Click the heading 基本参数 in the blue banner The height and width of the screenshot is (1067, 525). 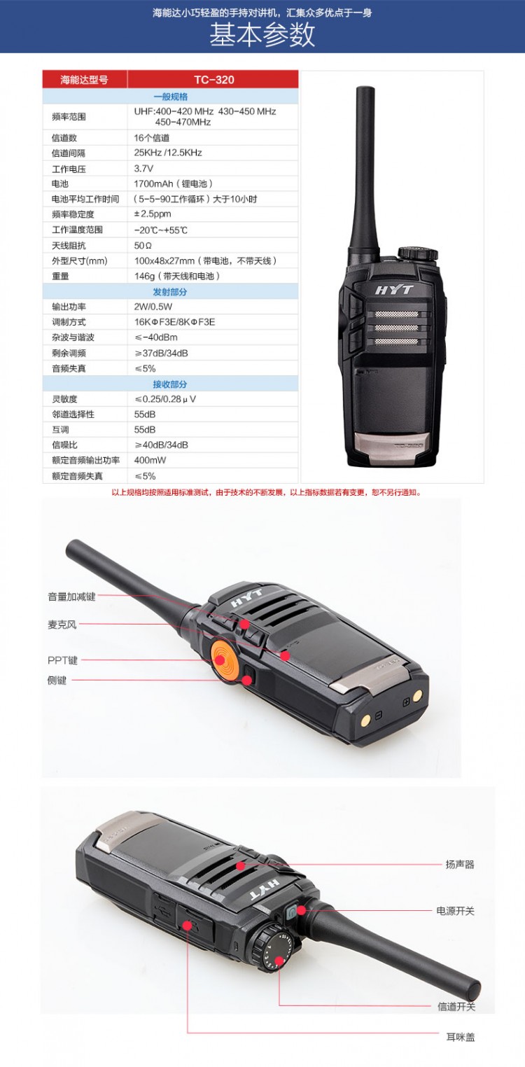(262, 34)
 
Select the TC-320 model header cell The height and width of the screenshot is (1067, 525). (213, 80)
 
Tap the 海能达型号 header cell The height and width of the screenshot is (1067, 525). (84, 80)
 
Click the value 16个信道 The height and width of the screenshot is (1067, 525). (151, 138)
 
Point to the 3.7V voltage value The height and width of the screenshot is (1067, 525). (143, 169)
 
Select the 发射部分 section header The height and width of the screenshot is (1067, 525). (170, 291)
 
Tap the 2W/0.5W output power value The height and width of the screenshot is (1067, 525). (153, 307)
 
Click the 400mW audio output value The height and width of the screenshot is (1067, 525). (150, 460)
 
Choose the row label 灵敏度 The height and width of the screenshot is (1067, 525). (64, 399)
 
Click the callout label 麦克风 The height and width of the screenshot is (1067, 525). (62, 625)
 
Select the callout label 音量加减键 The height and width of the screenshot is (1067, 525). (71, 597)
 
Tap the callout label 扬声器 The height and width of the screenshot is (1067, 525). (460, 864)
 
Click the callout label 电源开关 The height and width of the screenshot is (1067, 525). (456, 911)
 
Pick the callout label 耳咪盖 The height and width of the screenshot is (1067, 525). (460, 1037)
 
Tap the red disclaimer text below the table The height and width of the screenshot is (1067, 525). (267, 492)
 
